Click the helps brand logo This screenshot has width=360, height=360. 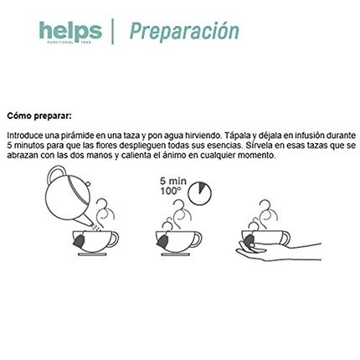[x=70, y=33]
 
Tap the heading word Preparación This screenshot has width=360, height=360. [x=184, y=31]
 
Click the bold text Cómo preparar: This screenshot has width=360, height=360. [x=39, y=116]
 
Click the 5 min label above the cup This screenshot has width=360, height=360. [x=173, y=181]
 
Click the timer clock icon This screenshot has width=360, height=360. [x=199, y=193]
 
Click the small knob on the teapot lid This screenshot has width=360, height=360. [x=88, y=183]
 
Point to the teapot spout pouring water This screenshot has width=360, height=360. [x=83, y=221]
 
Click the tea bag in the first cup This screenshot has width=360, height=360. [x=80, y=240]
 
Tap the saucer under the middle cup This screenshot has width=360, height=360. [x=176, y=255]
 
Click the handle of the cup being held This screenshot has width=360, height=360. [x=286, y=238]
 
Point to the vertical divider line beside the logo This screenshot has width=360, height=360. [x=113, y=31]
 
